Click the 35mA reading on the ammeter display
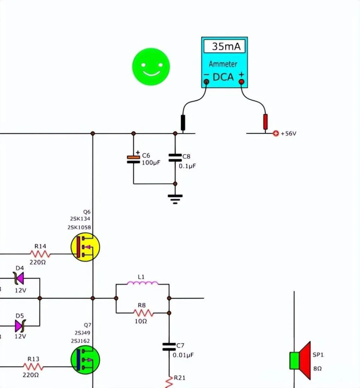[224, 47]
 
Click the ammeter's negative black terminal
[206, 82]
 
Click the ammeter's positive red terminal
[241, 82]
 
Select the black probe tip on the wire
[183, 123]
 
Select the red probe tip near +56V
[265, 122]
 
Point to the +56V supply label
[288, 134]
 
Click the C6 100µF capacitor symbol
[133, 158]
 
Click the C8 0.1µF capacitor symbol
[175, 158]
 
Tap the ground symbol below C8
[175, 199]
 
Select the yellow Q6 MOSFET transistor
[85, 247]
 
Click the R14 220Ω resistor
[40, 254]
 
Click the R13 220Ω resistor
[33, 366]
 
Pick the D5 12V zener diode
[19, 326]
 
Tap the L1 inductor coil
[142, 283]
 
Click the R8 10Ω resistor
[142, 312]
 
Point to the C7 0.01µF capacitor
[169, 346]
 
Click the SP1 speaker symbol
[300, 360]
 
